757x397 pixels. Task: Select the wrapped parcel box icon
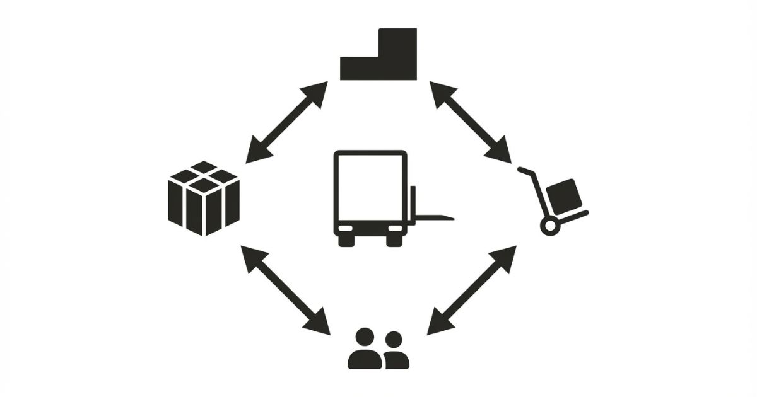(x=204, y=198)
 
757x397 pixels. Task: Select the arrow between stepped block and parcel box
(x=287, y=122)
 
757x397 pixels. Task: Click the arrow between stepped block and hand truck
(x=471, y=122)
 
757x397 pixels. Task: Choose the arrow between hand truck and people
(x=472, y=290)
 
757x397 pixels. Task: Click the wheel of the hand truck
(x=549, y=226)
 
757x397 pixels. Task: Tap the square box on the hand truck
(x=564, y=195)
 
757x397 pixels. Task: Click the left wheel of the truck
(x=345, y=239)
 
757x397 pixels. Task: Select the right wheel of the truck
(x=394, y=239)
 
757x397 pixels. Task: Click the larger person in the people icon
(x=365, y=350)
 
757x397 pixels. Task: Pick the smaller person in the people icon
(x=395, y=351)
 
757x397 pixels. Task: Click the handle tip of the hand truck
(x=521, y=169)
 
